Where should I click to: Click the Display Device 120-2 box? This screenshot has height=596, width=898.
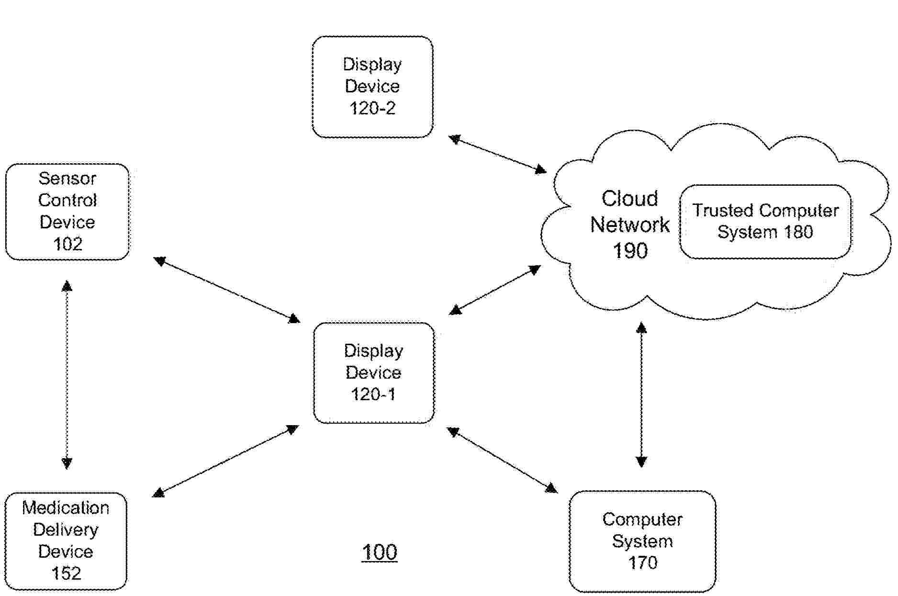pyautogui.click(x=372, y=87)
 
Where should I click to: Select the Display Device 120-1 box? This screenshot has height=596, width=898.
pyautogui.click(x=374, y=373)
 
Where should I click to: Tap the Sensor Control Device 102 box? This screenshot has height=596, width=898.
pyautogui.click(x=67, y=212)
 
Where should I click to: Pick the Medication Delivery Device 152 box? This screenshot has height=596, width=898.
pyautogui.click(x=66, y=541)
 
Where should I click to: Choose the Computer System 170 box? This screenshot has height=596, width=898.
pyautogui.click(x=642, y=541)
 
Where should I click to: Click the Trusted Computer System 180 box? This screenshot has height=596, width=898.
pyautogui.click(x=765, y=222)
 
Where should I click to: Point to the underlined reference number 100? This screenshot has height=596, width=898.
pyautogui.click(x=379, y=552)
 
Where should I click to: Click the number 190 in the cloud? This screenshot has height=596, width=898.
pyautogui.click(x=630, y=250)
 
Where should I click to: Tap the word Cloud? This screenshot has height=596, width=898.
pyautogui.click(x=629, y=198)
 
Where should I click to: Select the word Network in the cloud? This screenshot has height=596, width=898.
pyautogui.click(x=629, y=225)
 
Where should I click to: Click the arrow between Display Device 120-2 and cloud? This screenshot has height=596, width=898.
pyautogui.click(x=497, y=154)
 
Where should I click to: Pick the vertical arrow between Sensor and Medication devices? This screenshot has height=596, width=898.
pyautogui.click(x=67, y=375)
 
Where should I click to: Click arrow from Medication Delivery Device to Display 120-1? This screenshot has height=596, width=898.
pyautogui.click(x=225, y=461)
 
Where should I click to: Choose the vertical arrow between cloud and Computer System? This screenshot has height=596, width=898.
pyautogui.click(x=641, y=394)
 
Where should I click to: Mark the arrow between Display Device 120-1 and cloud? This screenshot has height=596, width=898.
pyautogui.click(x=495, y=290)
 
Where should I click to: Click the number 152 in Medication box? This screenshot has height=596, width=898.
pyautogui.click(x=66, y=573)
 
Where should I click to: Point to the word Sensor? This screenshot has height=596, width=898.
pyautogui.click(x=67, y=179)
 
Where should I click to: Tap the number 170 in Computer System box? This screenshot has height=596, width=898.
pyautogui.click(x=642, y=562)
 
